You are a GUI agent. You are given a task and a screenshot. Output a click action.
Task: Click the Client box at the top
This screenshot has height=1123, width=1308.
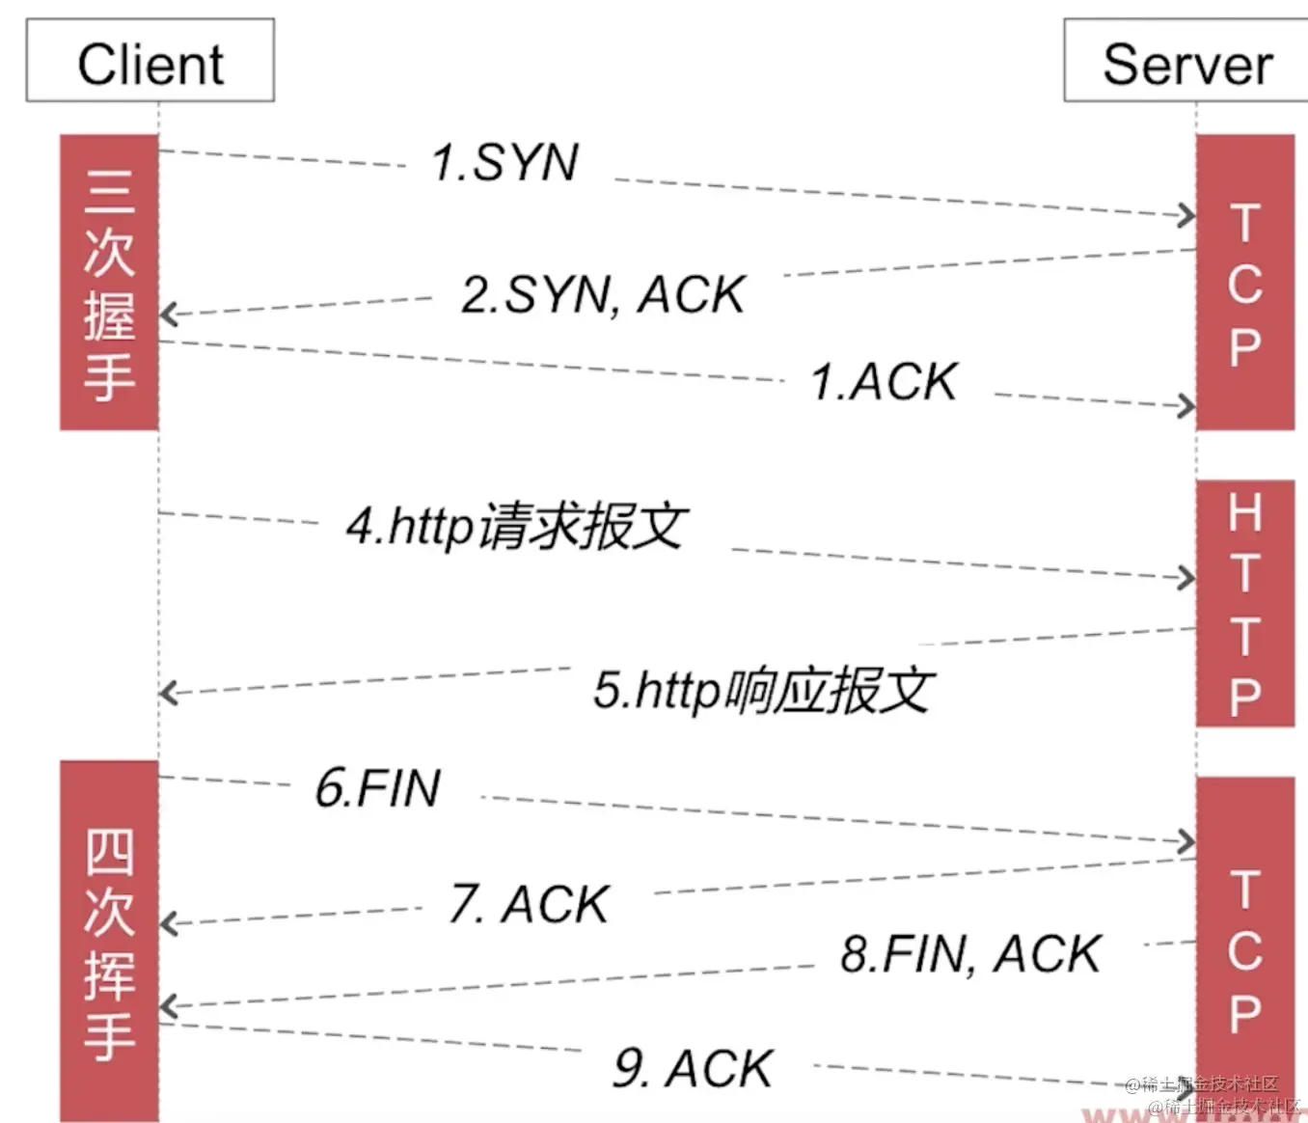(x=150, y=61)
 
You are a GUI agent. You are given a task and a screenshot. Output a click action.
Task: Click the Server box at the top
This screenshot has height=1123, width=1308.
(x=1186, y=61)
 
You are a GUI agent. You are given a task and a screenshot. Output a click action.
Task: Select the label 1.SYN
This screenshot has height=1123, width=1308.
(x=504, y=162)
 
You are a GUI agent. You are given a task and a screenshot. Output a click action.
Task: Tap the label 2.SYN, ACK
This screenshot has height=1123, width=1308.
(x=604, y=294)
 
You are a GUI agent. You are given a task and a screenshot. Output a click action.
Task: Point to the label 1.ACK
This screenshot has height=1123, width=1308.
(x=885, y=382)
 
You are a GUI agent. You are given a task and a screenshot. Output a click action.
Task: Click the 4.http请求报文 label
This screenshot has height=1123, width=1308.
(x=516, y=527)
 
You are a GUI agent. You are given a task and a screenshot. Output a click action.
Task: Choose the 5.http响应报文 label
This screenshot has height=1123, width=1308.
(x=763, y=691)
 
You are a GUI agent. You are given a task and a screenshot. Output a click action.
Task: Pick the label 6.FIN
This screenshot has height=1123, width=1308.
(x=378, y=788)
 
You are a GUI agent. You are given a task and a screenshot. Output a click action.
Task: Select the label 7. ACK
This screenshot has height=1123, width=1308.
(x=530, y=905)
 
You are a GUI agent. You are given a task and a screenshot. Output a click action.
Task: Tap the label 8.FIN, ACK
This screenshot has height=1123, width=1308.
(x=970, y=955)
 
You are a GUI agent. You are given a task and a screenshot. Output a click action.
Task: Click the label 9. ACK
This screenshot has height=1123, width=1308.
(x=694, y=1069)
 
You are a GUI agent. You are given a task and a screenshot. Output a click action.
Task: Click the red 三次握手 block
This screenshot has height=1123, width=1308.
(x=109, y=283)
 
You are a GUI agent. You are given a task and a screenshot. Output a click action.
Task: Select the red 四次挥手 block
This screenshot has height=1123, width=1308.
(x=109, y=941)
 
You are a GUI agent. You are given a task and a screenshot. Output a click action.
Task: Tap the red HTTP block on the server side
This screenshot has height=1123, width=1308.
(x=1244, y=603)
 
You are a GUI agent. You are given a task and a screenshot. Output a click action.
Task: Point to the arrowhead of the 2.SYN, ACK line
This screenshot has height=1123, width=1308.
(x=169, y=314)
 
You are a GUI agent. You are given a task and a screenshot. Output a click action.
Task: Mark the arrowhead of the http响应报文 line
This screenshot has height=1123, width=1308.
(x=169, y=693)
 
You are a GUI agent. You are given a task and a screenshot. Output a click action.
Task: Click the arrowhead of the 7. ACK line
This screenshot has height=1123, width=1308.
(x=169, y=923)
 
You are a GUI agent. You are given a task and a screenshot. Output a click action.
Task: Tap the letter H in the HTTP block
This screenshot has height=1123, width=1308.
(x=1244, y=512)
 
